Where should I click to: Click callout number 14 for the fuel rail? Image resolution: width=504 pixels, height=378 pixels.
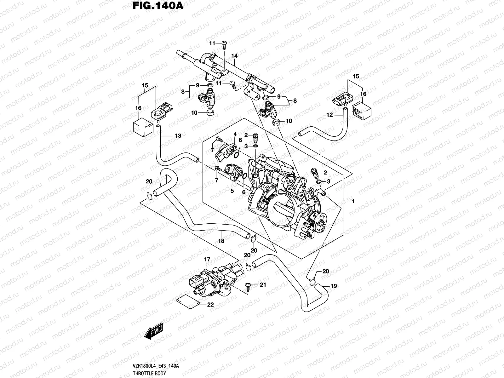pos(234,56)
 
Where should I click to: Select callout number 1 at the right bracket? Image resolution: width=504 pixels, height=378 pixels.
pos(353,201)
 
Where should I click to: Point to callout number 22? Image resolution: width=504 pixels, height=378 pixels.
pos(210,305)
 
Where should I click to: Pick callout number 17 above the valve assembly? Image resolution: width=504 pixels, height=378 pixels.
pos(207,260)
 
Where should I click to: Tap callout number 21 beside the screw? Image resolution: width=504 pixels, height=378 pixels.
pos(263,285)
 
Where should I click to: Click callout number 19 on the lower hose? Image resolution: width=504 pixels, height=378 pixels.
pos(334,286)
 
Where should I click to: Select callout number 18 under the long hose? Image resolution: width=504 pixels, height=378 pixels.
pos(221,241)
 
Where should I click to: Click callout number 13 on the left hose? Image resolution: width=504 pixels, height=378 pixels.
pos(178,136)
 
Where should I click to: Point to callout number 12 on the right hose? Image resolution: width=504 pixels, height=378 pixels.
pos(329,115)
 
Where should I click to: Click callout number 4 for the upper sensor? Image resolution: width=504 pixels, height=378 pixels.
pos(235,135)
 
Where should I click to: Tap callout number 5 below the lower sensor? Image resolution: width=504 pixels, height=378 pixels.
pos(232,191)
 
